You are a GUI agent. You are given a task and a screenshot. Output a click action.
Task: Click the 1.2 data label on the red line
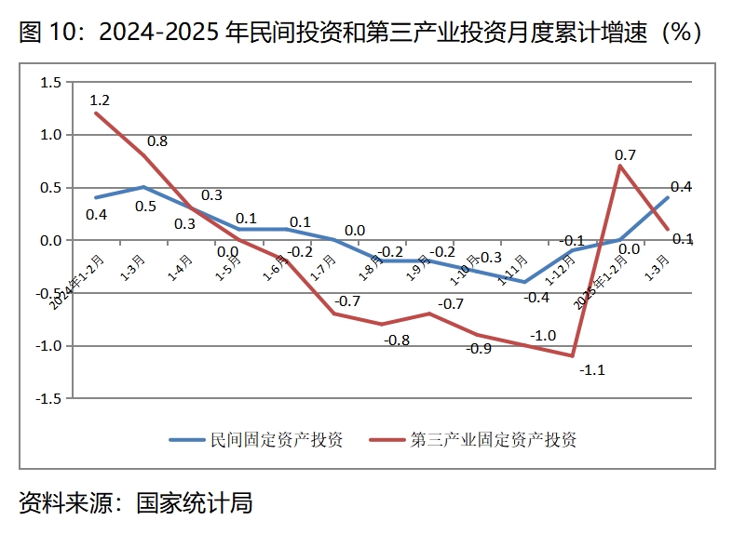click(101, 100)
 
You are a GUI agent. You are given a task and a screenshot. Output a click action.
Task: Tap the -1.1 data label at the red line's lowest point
click(592, 370)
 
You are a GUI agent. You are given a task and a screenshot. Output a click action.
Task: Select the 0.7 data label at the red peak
click(626, 154)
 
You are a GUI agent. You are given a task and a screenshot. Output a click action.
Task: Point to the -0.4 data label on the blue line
click(536, 298)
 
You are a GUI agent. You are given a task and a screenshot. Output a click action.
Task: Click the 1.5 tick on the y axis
click(50, 83)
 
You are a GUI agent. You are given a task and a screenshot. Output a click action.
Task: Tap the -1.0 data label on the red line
click(543, 336)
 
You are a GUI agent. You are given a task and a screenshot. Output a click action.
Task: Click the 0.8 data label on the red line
click(157, 141)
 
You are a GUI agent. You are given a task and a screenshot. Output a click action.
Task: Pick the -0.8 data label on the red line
click(397, 340)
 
